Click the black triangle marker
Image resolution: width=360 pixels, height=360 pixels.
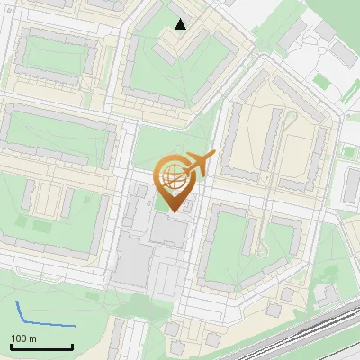181,24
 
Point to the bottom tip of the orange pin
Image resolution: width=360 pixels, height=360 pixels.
173,211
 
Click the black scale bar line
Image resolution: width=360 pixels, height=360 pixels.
41,346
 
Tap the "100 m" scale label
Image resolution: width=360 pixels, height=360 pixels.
23,338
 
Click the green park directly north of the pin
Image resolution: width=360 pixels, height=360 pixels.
166,144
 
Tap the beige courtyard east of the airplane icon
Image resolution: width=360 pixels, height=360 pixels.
270,135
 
